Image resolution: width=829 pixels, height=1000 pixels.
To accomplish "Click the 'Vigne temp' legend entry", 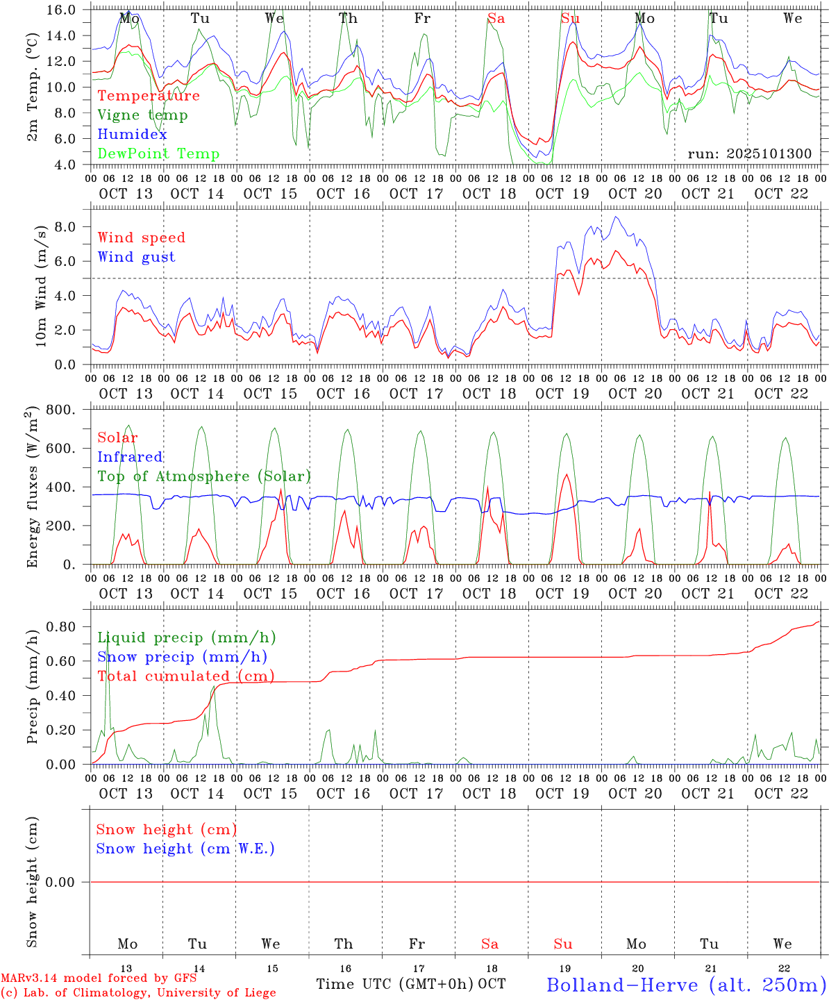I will click(x=142, y=115).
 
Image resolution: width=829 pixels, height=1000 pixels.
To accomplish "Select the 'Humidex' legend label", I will click(x=132, y=135).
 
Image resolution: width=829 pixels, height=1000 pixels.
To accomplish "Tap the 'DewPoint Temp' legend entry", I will click(x=158, y=154).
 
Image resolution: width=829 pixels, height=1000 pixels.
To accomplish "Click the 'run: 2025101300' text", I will click(x=749, y=154).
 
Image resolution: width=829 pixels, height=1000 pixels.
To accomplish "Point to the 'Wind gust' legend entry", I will click(x=136, y=257).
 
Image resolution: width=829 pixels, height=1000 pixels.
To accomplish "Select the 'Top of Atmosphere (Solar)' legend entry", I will click(x=203, y=476).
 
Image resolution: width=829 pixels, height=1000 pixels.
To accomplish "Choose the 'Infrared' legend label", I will click(x=130, y=457).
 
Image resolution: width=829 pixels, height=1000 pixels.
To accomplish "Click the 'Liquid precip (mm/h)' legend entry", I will click(x=186, y=637).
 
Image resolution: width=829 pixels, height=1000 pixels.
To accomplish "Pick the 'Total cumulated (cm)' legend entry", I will click(x=185, y=676).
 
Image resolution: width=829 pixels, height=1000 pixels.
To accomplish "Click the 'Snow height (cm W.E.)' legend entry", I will click(x=185, y=849).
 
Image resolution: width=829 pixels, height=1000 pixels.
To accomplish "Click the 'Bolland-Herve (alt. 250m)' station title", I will click(x=686, y=984).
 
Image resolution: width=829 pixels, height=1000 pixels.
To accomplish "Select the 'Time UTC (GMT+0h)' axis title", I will click(x=395, y=984).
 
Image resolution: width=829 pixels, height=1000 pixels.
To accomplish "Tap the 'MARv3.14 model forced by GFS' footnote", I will click(x=99, y=978).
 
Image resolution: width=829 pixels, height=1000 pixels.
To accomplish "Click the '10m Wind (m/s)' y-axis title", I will click(x=41, y=287).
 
